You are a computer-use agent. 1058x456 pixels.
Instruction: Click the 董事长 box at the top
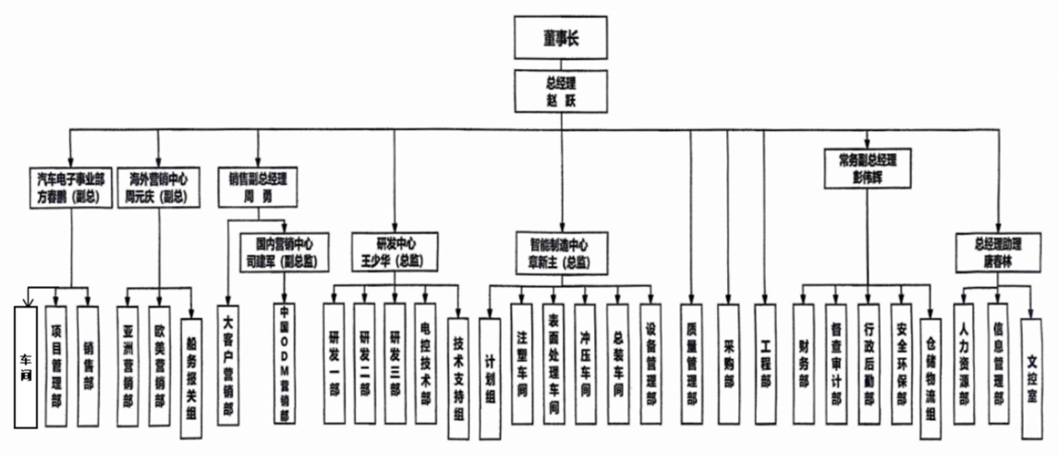tap(560, 40)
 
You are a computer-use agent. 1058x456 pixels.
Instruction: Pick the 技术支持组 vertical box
tap(459, 371)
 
